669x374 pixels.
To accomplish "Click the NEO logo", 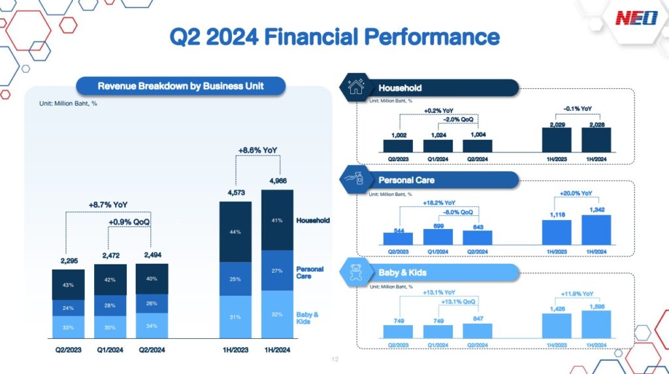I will [x=636, y=18].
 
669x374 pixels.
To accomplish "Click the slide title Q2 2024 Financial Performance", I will [x=334, y=36].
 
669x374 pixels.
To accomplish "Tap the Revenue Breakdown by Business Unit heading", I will [x=181, y=86].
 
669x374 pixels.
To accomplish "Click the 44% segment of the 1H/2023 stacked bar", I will [x=235, y=232].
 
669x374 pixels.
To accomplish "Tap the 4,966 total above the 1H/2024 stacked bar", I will [x=278, y=181].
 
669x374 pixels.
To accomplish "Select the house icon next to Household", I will [x=357, y=87].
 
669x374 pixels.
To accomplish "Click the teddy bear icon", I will [x=357, y=272].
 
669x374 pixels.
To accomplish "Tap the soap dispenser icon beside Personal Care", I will [x=357, y=180].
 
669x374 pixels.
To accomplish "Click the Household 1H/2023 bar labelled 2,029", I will [x=557, y=139].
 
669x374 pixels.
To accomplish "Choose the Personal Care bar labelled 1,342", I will [x=596, y=230].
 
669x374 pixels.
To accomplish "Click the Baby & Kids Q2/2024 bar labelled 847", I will [x=477, y=331].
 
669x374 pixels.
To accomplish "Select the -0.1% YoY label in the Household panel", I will [x=577, y=108].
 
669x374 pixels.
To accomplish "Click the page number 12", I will [x=335, y=360].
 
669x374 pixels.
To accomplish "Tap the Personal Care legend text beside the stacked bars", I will [x=310, y=272].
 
